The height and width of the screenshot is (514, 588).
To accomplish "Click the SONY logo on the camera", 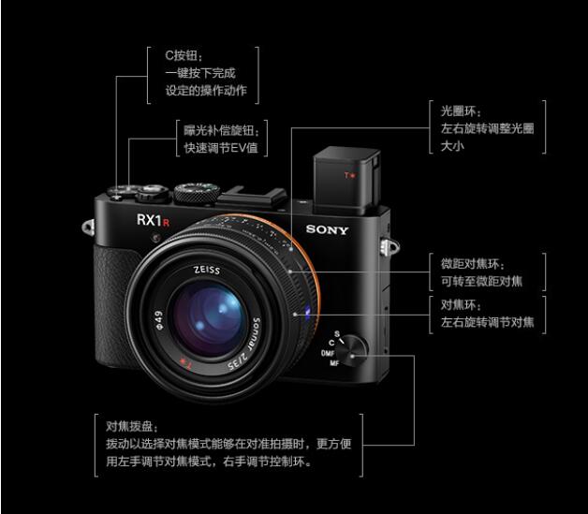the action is (x=327, y=229).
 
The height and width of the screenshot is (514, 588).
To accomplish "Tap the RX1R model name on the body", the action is (x=153, y=220).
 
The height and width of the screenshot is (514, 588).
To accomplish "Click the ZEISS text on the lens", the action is (x=207, y=270).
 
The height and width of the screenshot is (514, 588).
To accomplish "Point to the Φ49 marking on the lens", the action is (x=159, y=320).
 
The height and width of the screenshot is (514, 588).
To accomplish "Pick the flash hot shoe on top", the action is (x=254, y=197).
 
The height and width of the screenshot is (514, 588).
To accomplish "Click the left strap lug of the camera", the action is (x=88, y=228).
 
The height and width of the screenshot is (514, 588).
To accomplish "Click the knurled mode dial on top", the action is (x=197, y=193).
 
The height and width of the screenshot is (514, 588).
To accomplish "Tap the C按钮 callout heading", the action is (x=184, y=56).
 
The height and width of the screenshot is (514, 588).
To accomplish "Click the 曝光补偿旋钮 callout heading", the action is (x=221, y=130).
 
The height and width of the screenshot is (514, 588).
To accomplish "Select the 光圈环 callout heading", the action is (x=461, y=111).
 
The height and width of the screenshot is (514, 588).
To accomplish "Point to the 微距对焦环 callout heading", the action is (x=473, y=264).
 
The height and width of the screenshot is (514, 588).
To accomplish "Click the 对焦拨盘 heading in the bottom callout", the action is (x=132, y=427).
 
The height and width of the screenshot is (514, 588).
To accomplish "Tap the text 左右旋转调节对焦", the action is (x=487, y=322).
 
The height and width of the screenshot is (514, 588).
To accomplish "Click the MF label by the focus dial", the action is (x=334, y=363).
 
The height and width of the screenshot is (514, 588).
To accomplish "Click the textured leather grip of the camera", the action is (x=112, y=307).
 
